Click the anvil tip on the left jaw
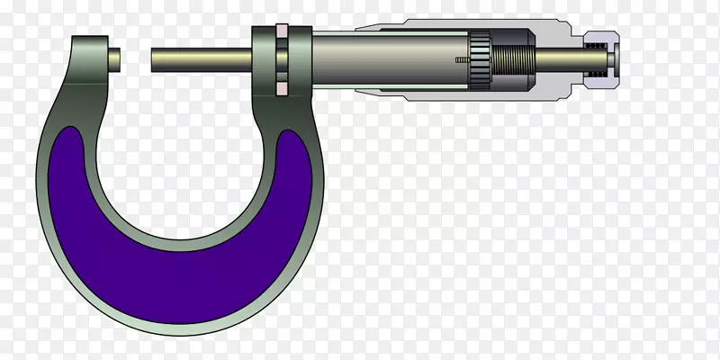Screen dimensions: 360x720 click(115, 58)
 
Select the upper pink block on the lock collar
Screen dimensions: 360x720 click(281, 32)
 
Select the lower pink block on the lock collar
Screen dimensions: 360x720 click(281, 87)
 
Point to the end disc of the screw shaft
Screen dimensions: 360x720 click(611, 59)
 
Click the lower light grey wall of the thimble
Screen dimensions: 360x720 click(450, 96)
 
